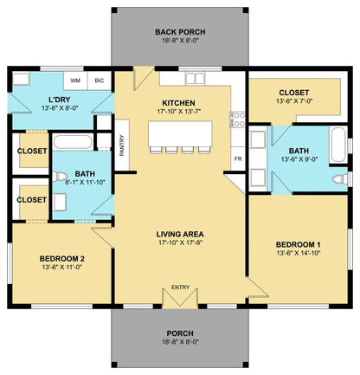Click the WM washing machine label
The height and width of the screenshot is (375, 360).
point(75,81)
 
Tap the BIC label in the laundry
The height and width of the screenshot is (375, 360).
point(100,81)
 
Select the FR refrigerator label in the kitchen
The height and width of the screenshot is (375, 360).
point(238,158)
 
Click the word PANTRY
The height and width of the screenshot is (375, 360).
point(122,145)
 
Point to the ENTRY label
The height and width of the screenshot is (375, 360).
point(180,288)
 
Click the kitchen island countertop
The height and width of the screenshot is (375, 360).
point(180,134)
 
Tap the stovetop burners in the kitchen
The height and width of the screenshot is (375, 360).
point(239,120)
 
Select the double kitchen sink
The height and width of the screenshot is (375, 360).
point(196,78)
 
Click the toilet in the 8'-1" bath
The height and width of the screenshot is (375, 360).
point(59,177)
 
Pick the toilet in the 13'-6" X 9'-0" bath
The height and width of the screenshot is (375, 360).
point(340,179)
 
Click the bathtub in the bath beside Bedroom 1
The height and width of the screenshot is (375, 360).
point(338,145)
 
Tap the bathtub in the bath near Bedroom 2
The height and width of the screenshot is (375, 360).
point(73,142)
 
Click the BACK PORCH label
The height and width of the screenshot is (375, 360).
point(180,32)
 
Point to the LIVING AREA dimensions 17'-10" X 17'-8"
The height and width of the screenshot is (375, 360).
point(180,242)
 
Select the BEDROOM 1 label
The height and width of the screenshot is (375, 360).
point(299,245)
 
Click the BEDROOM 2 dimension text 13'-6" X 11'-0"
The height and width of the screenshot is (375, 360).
point(62,267)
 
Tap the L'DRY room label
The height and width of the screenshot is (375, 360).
point(59,100)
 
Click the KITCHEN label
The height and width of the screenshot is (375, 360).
point(178,103)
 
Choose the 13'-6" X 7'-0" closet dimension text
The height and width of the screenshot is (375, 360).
point(294,101)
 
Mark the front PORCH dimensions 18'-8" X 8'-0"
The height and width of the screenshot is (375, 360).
point(180,342)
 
